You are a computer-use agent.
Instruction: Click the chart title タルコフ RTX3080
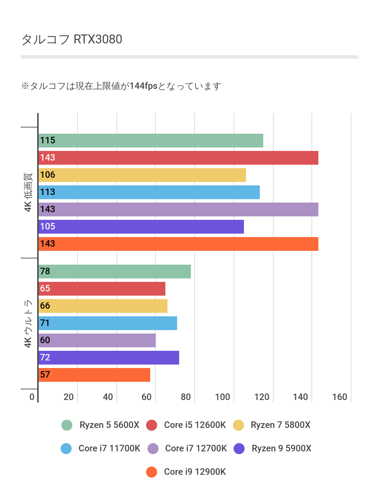click(72, 39)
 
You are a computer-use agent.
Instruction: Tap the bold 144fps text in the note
click(143, 86)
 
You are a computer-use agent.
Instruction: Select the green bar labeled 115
click(151, 141)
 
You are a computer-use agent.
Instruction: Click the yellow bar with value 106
click(142, 175)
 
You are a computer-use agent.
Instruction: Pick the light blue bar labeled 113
click(149, 192)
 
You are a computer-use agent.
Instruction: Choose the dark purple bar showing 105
click(141, 227)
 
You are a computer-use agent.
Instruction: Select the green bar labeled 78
click(114, 272)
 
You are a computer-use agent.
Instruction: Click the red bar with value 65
click(102, 289)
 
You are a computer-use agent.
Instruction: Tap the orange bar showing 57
click(94, 375)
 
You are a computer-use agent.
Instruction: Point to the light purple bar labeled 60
click(97, 340)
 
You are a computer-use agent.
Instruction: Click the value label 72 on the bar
click(45, 357)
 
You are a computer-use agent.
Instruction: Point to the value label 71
click(45, 323)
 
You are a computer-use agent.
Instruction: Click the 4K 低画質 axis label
click(28, 192)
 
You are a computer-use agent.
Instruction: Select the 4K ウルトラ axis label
click(28, 323)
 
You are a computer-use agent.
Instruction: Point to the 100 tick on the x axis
click(222, 397)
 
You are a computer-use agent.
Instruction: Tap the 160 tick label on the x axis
click(339, 397)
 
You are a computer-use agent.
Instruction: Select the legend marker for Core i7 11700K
click(66, 448)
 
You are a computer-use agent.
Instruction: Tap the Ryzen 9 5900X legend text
click(281, 448)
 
